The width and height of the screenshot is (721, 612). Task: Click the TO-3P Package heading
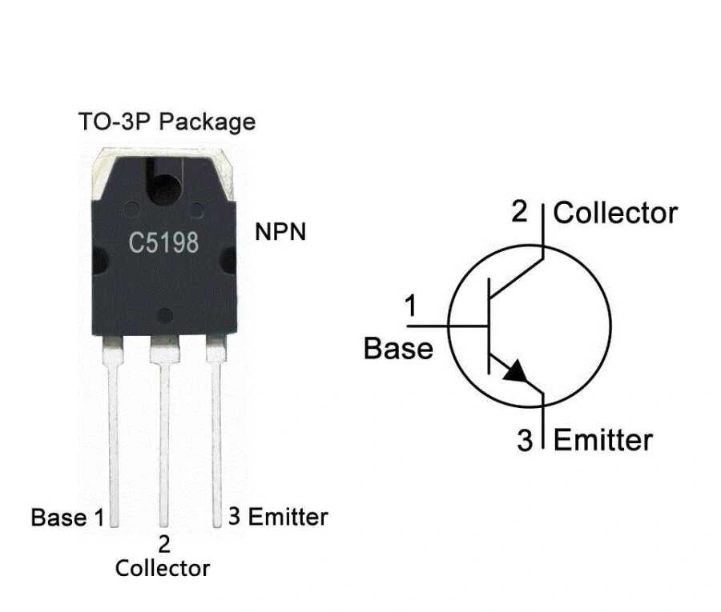point(167,122)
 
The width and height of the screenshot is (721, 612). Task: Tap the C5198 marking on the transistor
point(164,242)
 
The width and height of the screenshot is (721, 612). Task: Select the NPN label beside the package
point(280,233)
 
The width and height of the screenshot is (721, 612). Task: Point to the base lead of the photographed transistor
point(113,432)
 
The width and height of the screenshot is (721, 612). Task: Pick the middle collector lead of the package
point(164,440)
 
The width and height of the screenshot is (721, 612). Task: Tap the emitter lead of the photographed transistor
point(216,432)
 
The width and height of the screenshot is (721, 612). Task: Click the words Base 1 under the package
point(67,518)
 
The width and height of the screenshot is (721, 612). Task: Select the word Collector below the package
point(163,568)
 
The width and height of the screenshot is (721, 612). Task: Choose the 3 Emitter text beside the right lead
point(278,517)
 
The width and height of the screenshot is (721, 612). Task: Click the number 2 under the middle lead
point(164,545)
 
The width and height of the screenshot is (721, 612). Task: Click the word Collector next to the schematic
point(615,213)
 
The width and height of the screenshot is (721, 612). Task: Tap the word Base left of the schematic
point(398,349)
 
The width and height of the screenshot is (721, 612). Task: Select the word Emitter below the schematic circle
point(603,440)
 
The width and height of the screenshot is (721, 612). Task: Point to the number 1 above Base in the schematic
point(411,306)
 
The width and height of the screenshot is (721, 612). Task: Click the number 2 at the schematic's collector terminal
point(521,213)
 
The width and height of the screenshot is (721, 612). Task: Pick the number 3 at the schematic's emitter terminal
point(525,441)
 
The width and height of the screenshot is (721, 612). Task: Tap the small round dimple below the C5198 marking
point(164,314)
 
